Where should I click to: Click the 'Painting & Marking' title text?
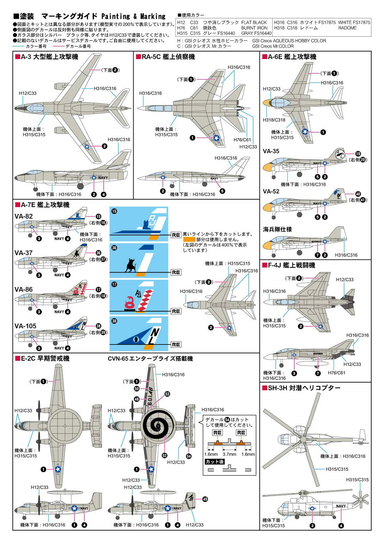(x=133, y=16)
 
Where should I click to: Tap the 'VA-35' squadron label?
(x=271, y=151)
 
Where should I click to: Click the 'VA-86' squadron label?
(x=23, y=289)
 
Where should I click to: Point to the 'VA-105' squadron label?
(x=25, y=326)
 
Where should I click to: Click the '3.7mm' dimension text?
(x=229, y=454)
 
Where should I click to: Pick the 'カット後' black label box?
(x=215, y=462)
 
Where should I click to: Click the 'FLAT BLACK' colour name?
(x=254, y=23)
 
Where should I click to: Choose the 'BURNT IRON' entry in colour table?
(x=254, y=28)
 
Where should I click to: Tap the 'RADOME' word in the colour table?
(x=347, y=28)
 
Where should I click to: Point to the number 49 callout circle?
(x=205, y=499)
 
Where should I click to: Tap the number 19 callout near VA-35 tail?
(x=358, y=154)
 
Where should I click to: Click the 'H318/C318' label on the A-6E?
(x=274, y=120)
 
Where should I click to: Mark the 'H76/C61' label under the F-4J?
(x=336, y=373)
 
